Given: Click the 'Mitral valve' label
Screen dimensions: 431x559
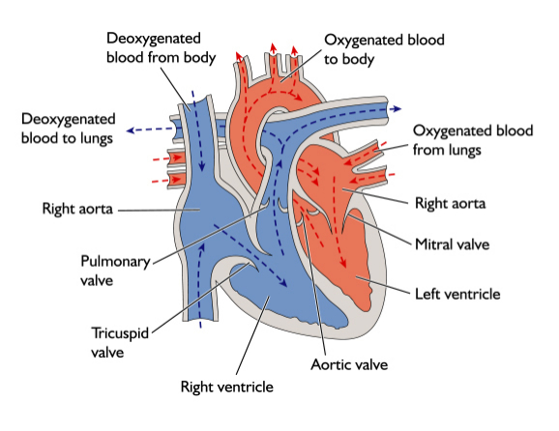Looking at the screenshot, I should click(x=453, y=244).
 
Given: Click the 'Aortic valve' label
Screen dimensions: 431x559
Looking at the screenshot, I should click(x=349, y=365).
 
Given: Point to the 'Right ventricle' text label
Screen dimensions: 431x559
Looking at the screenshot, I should click(x=227, y=388).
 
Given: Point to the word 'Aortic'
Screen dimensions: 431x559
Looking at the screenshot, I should click(x=330, y=365).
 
